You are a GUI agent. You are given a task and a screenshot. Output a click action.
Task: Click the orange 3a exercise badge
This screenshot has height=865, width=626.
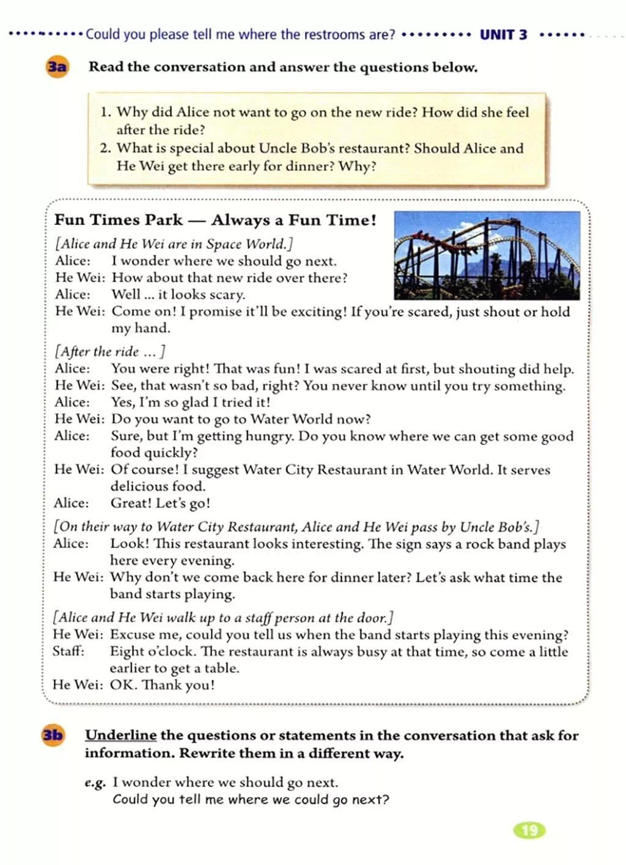tap(57, 66)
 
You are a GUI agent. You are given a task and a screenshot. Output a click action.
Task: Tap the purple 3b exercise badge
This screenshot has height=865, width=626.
tap(53, 734)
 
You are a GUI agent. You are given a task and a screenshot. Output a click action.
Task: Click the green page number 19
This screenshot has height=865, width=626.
tap(529, 830)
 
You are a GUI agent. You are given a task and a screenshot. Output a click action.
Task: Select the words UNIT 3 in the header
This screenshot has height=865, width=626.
tap(503, 35)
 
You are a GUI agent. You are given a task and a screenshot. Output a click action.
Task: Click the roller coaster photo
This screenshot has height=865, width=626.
tap(487, 255)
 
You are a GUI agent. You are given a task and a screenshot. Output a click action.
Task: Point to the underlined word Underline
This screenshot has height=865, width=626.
tap(120, 735)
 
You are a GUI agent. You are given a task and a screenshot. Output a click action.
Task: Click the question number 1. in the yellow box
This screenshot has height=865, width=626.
tap(106, 112)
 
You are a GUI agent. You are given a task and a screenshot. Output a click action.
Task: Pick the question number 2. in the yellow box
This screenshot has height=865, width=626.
tap(106, 148)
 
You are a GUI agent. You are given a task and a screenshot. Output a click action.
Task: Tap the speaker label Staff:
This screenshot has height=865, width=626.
tap(68, 651)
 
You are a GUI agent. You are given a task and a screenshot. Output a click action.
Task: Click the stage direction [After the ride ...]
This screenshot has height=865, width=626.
tap(110, 352)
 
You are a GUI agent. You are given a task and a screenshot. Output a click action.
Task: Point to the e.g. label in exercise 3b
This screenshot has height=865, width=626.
tap(95, 782)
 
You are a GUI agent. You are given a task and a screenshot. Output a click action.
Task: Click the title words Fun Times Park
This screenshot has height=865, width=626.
tap(119, 220)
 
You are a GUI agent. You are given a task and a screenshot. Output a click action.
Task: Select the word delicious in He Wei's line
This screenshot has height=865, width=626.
tap(138, 487)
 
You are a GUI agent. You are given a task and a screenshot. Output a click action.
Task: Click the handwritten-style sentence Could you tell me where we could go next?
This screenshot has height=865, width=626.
tap(251, 800)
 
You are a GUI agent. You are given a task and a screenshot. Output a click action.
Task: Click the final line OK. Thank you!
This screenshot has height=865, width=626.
tap(162, 685)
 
